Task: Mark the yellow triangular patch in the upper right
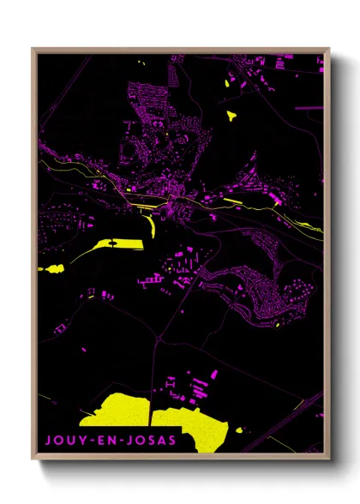231,112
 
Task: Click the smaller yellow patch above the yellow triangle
229,81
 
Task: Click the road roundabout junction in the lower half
159,338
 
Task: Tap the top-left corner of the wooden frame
33,49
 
